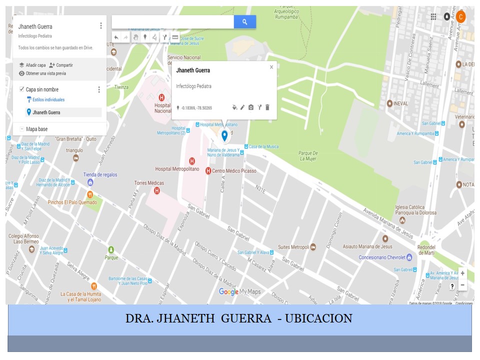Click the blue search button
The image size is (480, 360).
(244, 22)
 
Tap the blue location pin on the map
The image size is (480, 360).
(224, 135)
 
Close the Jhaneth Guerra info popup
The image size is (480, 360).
(271, 67)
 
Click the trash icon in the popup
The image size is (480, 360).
(267, 107)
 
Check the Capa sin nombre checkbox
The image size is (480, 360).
(21, 89)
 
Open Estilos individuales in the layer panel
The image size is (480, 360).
(48, 100)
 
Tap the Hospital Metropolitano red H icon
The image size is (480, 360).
(191, 161)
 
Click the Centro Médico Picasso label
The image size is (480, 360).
(234, 171)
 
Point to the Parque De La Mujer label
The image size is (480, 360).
(308, 156)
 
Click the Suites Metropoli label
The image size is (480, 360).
(293, 247)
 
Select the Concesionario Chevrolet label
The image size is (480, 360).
(381, 257)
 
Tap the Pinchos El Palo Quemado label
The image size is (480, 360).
(72, 202)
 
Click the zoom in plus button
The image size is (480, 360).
(462, 273)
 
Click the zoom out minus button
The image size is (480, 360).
(462, 285)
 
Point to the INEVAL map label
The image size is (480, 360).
(401, 103)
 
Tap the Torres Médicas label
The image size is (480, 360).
(149, 183)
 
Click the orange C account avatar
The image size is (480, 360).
(461, 16)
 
